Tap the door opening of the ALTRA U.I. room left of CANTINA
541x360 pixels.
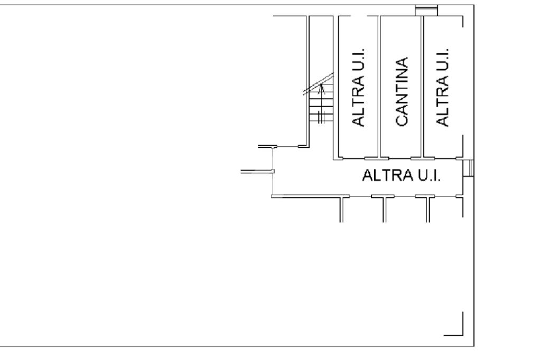[352, 158]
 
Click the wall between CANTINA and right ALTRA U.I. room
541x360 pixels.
[423, 87]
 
